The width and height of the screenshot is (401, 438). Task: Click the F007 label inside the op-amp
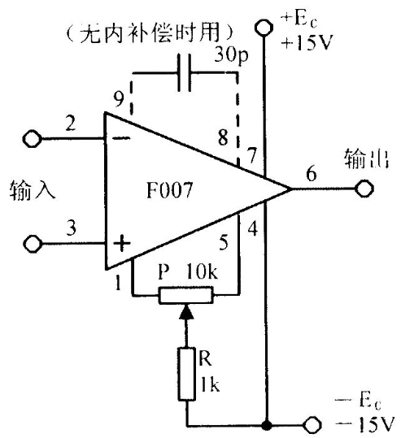click(170, 190)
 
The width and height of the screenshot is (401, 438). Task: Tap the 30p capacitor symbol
click(185, 73)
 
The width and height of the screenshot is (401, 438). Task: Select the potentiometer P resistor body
click(186, 295)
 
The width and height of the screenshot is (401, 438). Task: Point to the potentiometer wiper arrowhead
click(186, 312)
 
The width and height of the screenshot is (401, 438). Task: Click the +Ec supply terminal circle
click(264, 28)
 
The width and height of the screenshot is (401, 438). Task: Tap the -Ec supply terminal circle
click(313, 426)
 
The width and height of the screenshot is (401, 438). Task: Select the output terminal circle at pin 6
click(364, 189)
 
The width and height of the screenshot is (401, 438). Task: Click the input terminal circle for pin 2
click(33, 139)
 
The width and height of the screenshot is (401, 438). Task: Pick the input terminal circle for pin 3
click(33, 244)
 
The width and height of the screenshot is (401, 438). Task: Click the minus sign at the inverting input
click(122, 138)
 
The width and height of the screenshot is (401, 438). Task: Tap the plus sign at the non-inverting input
click(122, 244)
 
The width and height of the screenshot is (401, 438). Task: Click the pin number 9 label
click(119, 99)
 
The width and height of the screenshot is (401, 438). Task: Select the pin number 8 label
click(223, 137)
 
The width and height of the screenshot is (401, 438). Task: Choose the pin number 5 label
click(224, 242)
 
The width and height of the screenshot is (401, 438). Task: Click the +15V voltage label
click(307, 44)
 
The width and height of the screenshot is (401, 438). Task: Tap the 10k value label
click(202, 271)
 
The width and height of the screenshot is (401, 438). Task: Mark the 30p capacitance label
click(231, 55)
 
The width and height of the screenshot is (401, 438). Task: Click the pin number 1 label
click(118, 283)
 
